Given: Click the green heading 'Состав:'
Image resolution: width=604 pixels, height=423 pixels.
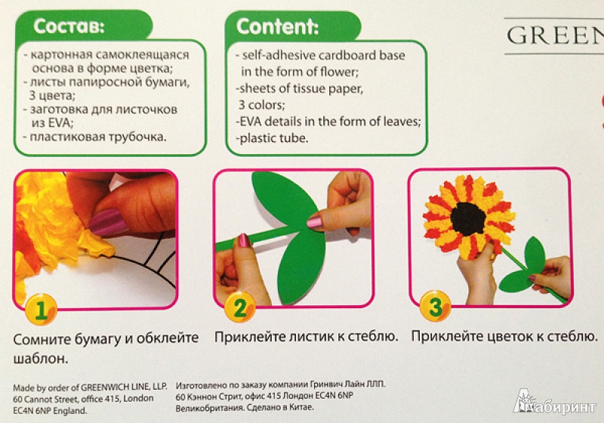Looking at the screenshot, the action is pos(69,26).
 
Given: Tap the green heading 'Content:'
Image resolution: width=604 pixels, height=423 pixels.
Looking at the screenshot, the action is pos(277,26).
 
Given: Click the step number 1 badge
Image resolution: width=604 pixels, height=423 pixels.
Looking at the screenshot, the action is pos(42,310).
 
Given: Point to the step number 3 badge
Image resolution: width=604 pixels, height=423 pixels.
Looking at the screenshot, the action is pos(436,306).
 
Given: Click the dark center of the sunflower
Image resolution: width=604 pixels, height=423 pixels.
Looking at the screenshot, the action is pos(469,218).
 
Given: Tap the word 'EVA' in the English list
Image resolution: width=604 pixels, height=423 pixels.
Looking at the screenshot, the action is pos(251,122).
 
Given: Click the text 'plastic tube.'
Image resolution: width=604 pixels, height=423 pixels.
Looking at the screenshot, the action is pos(273,138).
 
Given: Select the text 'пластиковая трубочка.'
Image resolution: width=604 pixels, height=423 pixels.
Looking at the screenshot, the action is pos(98,137).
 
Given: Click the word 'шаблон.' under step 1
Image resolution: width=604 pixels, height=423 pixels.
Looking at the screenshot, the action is pos(41,358).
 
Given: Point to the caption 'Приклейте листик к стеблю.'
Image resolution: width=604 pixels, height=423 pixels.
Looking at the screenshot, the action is pos(307,337).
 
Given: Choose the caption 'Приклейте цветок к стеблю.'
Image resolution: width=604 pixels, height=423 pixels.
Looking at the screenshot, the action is pos(504,336).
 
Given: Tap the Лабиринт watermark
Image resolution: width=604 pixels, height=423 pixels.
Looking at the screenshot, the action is pos(555,403).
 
